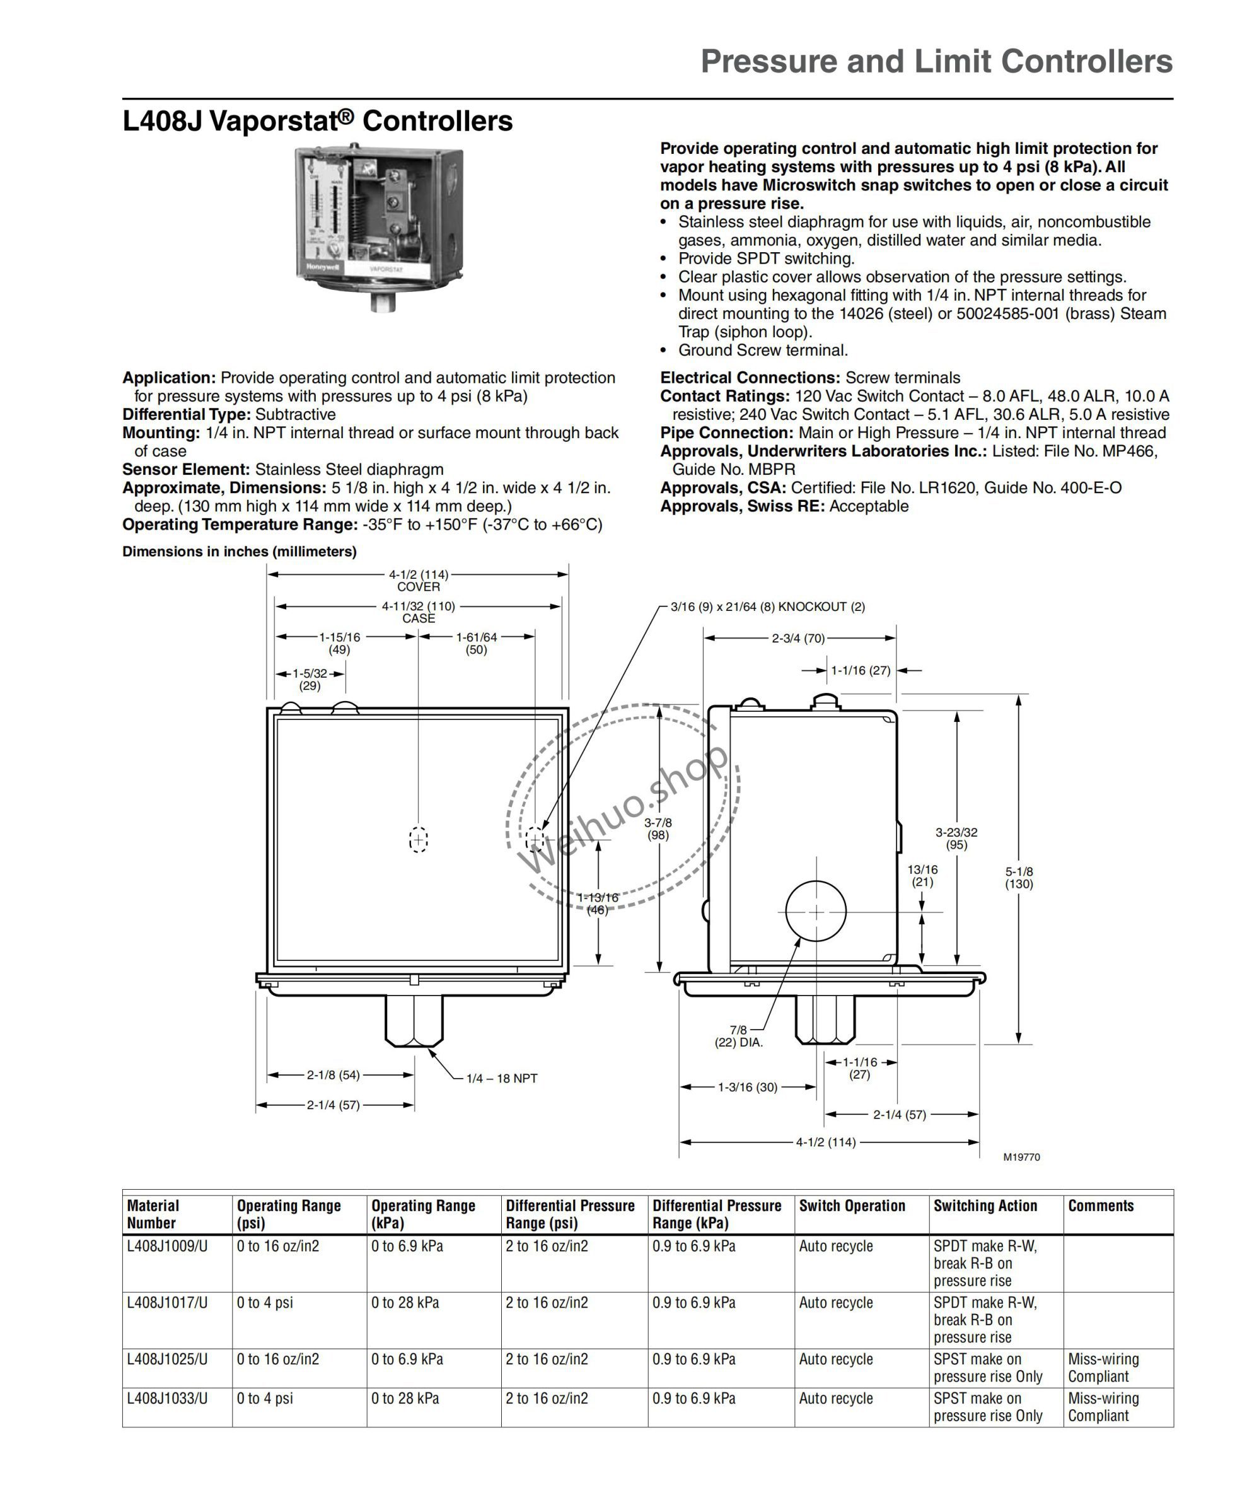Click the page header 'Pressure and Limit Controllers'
[936, 62]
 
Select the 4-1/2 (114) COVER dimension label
[418, 580]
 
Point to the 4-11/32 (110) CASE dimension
[418, 612]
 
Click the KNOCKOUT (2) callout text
[768, 607]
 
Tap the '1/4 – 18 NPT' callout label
[501, 1079]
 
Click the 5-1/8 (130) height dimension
[1019, 877]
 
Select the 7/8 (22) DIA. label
[739, 1036]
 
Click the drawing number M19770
[1021, 1157]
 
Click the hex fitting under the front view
[413, 1018]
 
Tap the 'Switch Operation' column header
[852, 1205]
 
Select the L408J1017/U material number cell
[167, 1303]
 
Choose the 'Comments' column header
[1101, 1205]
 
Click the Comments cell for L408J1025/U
[1103, 1367]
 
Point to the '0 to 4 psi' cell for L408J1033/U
[265, 1398]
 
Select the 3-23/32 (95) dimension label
[956, 838]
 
